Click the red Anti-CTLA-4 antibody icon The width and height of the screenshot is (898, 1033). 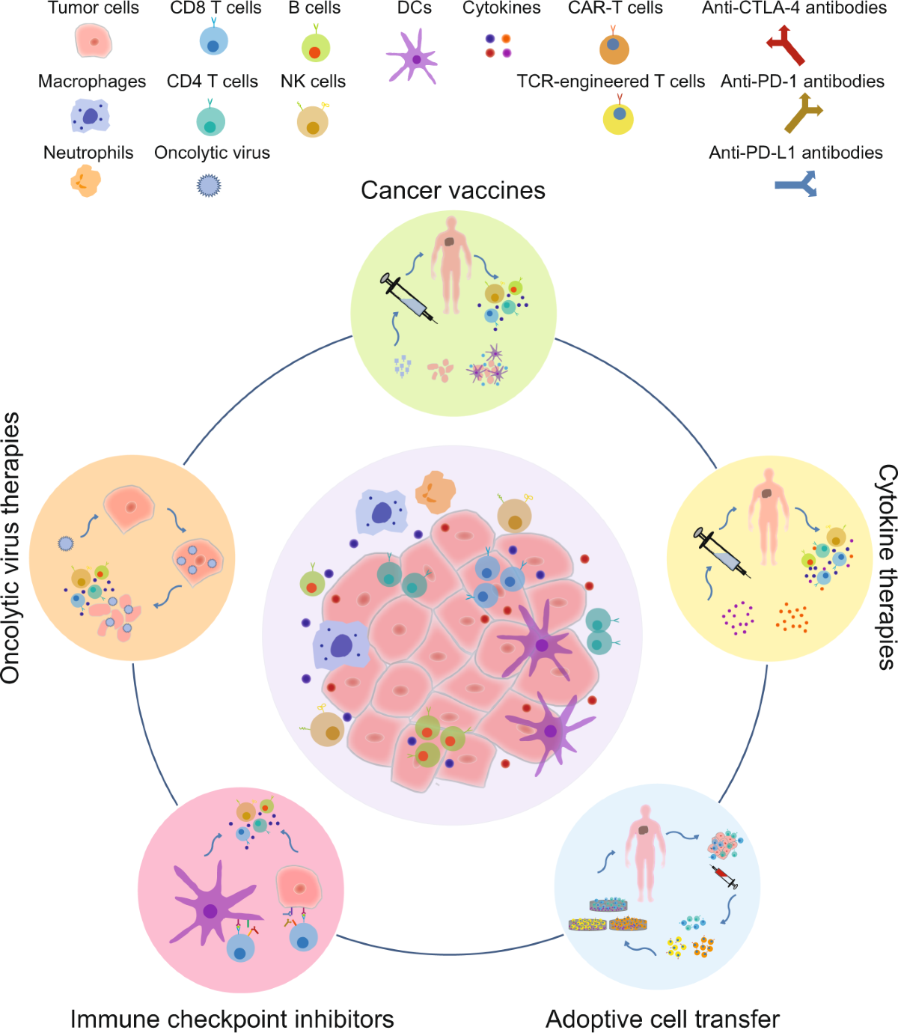786,46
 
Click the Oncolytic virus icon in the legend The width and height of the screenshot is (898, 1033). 210,185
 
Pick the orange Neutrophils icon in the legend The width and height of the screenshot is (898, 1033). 85,181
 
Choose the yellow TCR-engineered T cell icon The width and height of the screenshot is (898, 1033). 618,118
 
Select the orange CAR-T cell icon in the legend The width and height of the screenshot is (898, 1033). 614,47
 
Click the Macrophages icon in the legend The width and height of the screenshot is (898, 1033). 91,117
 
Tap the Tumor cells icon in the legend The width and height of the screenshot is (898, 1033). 94,41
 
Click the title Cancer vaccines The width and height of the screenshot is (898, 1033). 453,190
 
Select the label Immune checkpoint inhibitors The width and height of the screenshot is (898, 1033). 232,1019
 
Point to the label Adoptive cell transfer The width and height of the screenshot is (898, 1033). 662,1019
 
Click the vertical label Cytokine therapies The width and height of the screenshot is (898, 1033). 886,567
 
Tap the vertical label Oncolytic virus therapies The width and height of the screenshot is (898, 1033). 10,548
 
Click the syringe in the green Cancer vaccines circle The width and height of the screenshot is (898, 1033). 409,299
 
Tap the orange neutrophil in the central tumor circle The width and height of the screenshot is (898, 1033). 435,491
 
